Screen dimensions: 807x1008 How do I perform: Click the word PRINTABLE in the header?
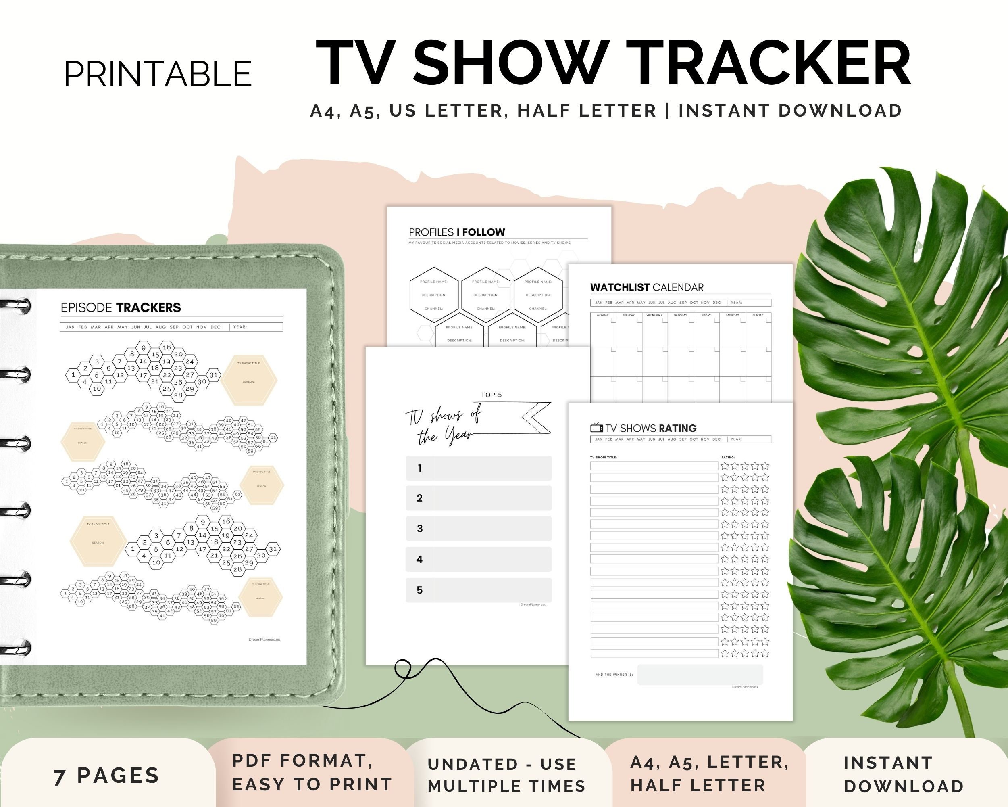point(158,74)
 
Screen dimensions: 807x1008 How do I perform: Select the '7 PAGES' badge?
point(106,776)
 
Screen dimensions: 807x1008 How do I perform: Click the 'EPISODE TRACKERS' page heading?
point(121,307)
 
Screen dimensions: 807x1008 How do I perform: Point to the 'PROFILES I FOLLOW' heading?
point(457,232)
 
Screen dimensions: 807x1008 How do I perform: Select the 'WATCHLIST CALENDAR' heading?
point(647,287)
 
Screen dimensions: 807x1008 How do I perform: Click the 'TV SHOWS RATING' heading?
point(650,428)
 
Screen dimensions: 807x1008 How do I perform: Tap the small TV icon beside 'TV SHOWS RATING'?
point(596,428)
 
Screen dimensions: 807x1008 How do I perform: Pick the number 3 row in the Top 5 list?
point(478,529)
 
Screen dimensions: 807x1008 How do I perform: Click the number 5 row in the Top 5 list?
point(478,590)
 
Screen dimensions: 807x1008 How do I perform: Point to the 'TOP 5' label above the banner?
point(492,395)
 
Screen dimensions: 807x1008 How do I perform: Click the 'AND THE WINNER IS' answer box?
point(700,675)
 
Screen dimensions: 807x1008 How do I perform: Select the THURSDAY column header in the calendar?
point(680,315)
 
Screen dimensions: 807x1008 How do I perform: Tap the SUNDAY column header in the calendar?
point(758,315)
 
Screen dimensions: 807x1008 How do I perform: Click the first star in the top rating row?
point(725,466)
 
